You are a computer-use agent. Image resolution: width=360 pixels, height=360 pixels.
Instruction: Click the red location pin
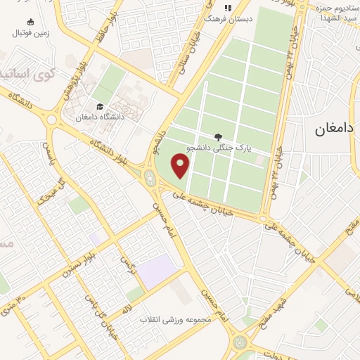181,166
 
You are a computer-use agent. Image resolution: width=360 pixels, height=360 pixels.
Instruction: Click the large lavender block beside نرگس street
157,271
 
